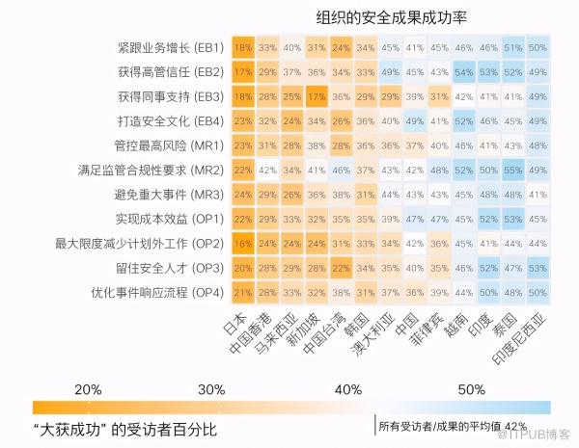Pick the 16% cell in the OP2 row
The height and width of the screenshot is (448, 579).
tap(242, 243)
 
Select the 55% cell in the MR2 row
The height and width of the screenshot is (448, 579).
tap(513, 170)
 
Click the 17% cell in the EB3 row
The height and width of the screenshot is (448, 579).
tap(316, 96)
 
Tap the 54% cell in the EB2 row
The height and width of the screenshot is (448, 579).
tap(464, 72)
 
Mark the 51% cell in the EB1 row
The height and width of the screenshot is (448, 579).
tap(513, 47)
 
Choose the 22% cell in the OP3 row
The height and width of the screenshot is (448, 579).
tap(341, 267)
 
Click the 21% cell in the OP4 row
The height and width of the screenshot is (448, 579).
tap(242, 291)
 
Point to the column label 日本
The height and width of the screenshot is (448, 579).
tap(235, 323)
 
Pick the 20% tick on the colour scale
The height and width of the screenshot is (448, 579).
tap(89, 388)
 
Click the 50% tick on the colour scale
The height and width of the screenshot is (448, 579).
tap(471, 388)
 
